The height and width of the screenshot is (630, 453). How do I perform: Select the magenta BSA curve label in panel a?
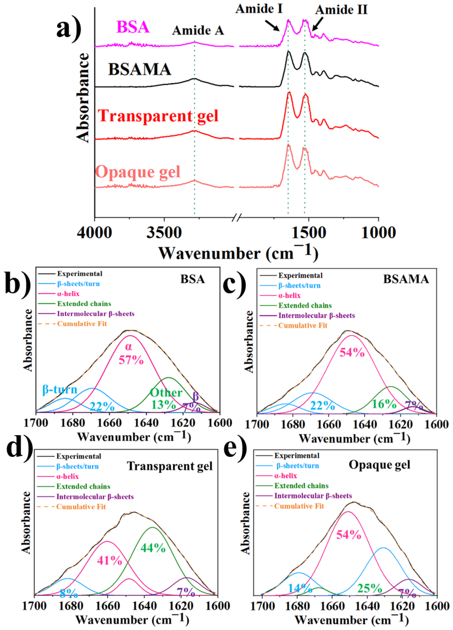click(133, 27)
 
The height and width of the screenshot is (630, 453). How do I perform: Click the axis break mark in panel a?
click(237, 216)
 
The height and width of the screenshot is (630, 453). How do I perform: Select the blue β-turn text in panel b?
click(60, 389)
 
